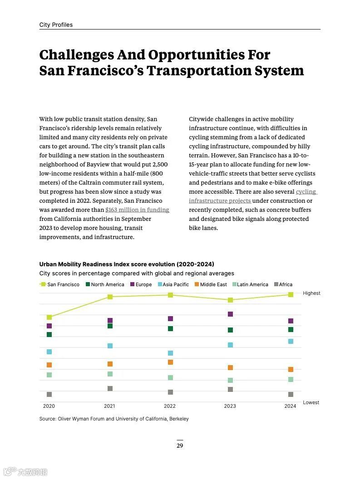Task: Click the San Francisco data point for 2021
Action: pos(110,297)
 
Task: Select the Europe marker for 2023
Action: pos(230,314)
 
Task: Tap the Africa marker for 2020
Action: pos(49,394)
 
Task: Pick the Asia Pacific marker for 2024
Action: pos(291,341)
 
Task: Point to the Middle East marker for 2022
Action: pos(170,362)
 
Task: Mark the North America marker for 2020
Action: pos(49,334)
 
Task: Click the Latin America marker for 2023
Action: pos(230,380)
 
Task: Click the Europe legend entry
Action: pos(141,284)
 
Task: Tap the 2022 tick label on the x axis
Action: pos(170,406)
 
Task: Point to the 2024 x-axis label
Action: pos(290,406)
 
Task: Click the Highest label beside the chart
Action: pos(311,293)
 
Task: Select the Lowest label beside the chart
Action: pos(311,402)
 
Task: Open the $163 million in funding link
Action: pos(137,210)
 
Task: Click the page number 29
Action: pos(180,445)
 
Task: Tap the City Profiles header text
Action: pos(56,25)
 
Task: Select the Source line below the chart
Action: pos(114,419)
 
